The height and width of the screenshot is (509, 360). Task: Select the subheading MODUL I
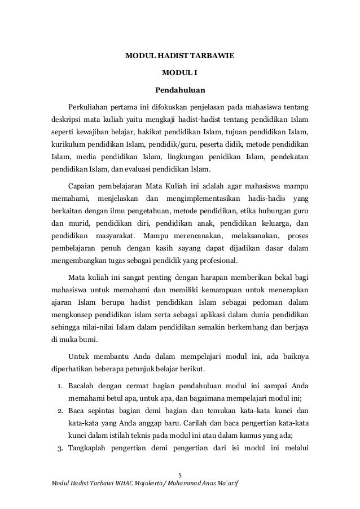[180, 73]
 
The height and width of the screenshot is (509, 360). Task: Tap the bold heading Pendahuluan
[180, 89]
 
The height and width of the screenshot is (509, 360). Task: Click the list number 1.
[59, 385]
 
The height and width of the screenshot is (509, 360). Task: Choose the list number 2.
[59, 412]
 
